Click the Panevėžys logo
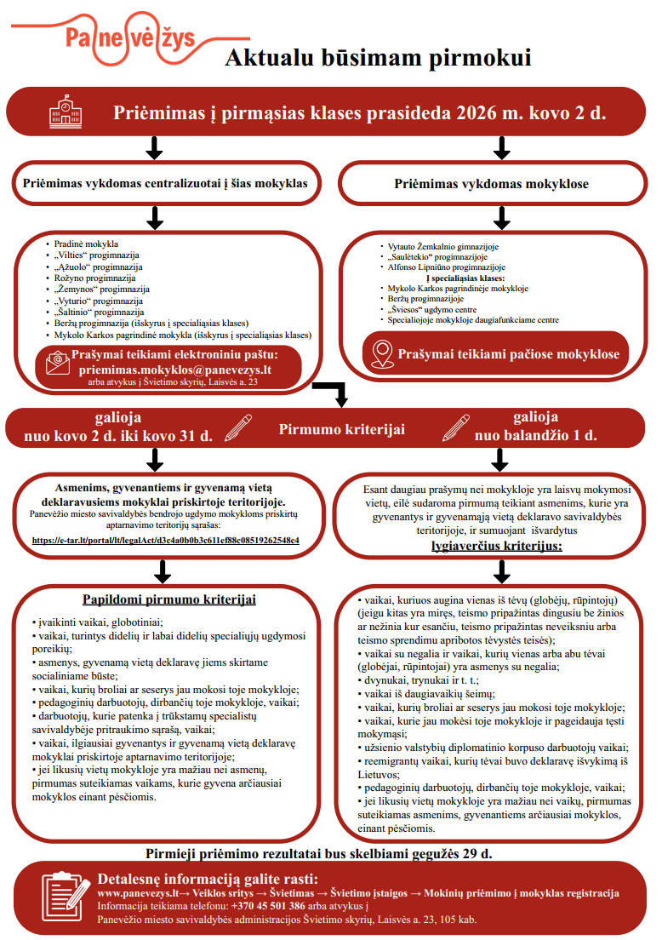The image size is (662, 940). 128,37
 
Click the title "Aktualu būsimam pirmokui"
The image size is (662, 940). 377,58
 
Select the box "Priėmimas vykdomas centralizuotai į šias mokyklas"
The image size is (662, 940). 166,184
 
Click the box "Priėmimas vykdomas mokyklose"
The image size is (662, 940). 491,184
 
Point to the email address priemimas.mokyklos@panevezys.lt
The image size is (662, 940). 174,370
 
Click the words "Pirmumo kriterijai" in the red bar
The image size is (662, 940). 341,429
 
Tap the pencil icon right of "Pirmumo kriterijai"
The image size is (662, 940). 456,427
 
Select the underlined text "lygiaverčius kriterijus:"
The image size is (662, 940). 497,545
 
